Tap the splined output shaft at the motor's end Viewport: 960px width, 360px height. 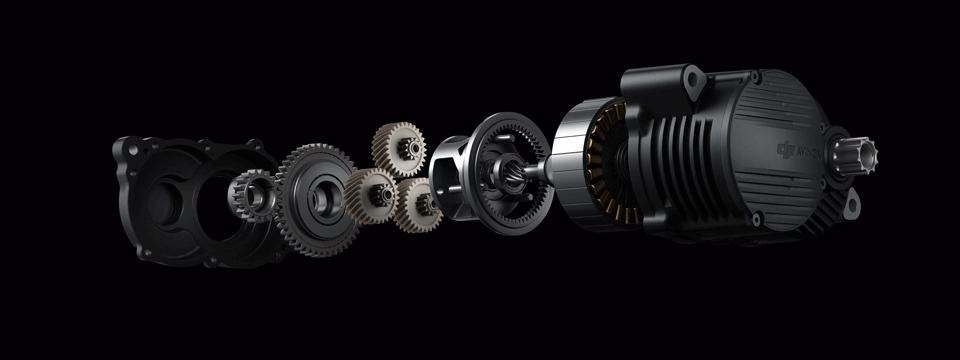coord(862,156)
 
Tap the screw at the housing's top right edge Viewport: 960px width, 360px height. coord(757,77)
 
